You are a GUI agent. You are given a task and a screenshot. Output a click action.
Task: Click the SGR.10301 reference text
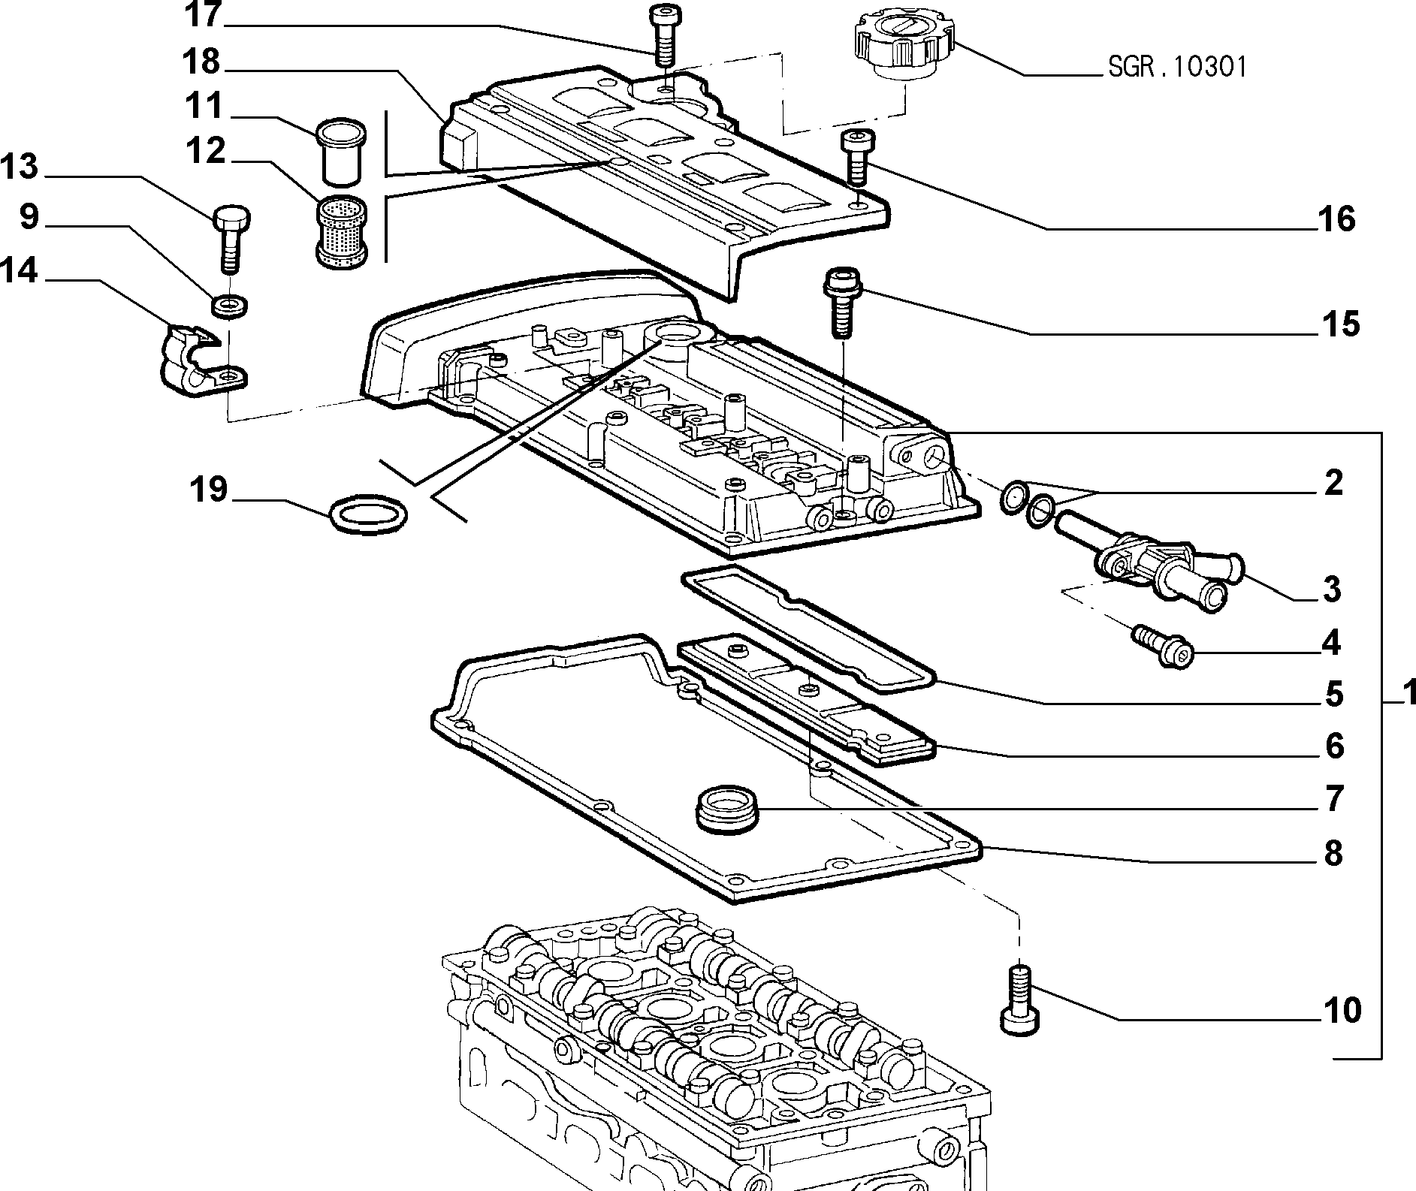click(1177, 67)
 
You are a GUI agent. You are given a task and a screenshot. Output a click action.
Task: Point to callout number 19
click(209, 490)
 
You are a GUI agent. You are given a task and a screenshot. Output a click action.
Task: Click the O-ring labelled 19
click(369, 514)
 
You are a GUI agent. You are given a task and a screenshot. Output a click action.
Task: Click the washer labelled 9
click(231, 305)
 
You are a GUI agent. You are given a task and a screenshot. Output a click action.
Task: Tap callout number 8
click(1333, 853)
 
